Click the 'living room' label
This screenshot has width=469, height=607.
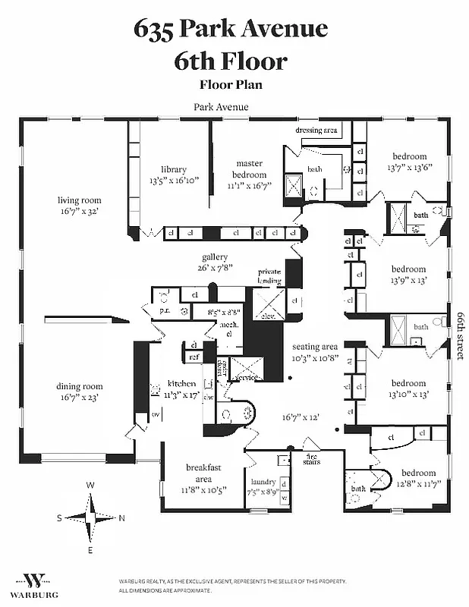79,200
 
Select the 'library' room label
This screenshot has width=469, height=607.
173,169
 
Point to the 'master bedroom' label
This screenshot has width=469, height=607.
248,168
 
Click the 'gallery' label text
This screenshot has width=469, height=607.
215,256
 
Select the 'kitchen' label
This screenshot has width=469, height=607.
182,384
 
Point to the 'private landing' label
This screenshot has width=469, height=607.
270,275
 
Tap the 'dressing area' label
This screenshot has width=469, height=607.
316,130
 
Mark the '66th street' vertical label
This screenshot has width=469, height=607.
460,334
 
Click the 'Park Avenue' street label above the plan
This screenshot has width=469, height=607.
221,107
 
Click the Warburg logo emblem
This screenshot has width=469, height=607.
35,580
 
